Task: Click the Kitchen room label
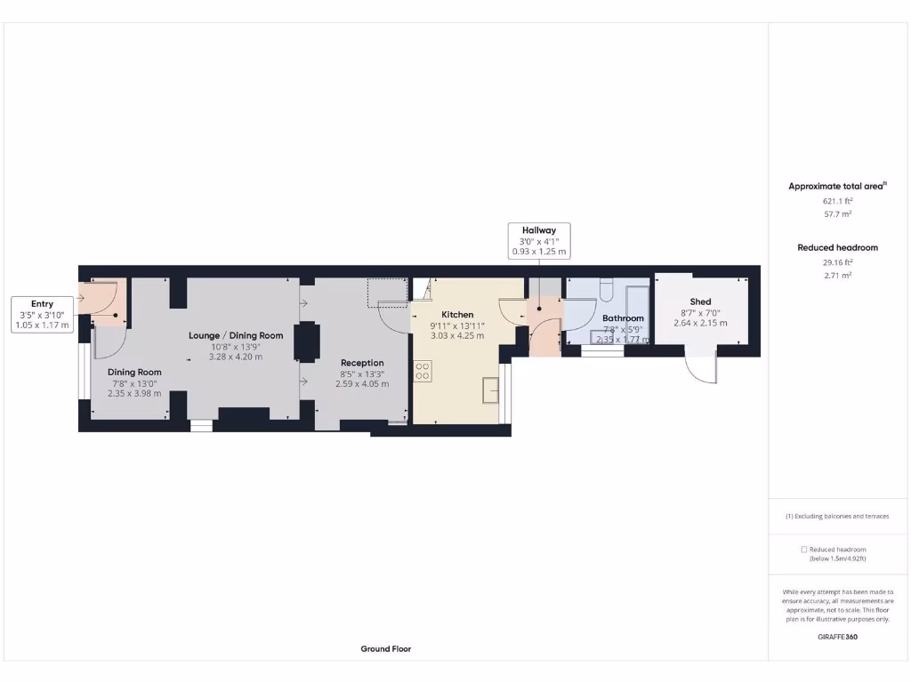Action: (457, 315)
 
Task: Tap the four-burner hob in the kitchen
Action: (423, 371)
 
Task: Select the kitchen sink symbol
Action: (490, 390)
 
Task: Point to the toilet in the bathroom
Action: (606, 289)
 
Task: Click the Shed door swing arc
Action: (703, 372)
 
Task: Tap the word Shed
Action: (700, 301)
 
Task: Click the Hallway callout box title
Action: (538, 230)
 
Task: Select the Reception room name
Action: (362, 363)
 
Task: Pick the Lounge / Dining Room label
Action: (236, 335)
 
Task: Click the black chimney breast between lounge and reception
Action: (308, 341)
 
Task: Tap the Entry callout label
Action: (42, 304)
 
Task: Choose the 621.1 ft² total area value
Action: (836, 201)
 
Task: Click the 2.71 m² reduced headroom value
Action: (837, 276)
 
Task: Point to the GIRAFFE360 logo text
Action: (837, 637)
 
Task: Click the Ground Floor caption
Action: (386, 649)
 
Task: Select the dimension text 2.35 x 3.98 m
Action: (134, 394)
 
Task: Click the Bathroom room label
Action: (623, 318)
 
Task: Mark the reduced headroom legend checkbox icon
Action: (803, 550)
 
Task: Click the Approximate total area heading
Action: (836, 186)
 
